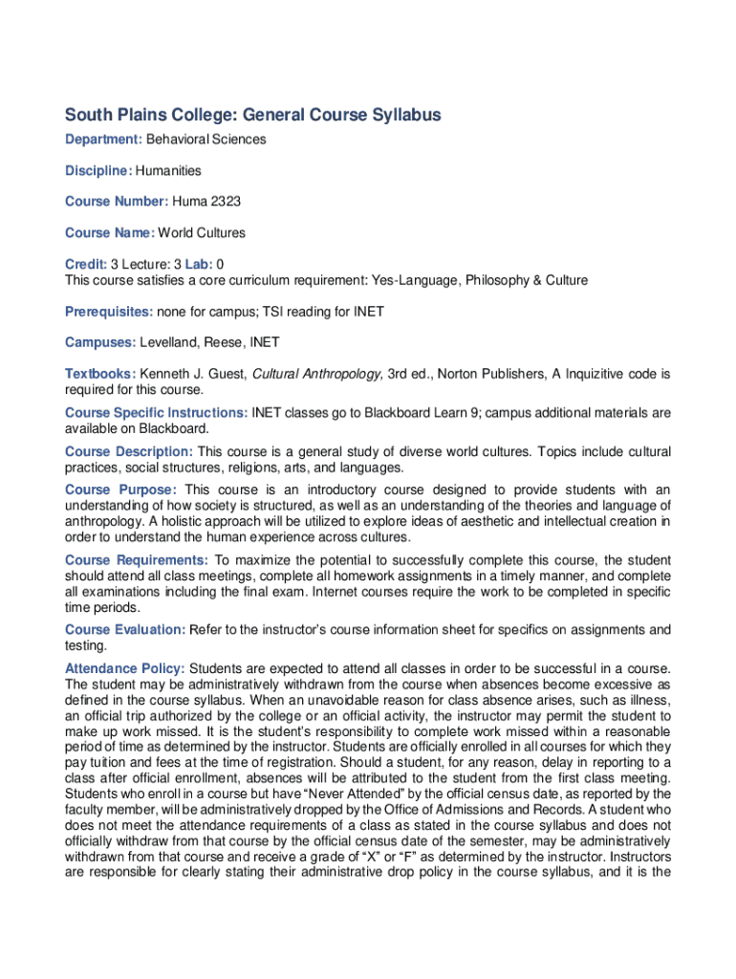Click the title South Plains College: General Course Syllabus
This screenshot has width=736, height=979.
tap(253, 116)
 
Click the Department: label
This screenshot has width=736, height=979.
tap(103, 140)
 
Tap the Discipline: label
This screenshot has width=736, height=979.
tap(98, 171)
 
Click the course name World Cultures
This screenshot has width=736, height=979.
tap(202, 233)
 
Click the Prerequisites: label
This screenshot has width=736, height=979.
tap(109, 312)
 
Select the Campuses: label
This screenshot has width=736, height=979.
tap(100, 342)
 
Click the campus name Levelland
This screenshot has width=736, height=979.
tap(170, 342)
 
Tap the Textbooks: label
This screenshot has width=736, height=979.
tap(100, 374)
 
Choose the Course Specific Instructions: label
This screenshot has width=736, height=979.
tap(156, 413)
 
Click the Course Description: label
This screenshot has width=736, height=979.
tap(129, 451)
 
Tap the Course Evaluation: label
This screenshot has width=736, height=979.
tap(125, 630)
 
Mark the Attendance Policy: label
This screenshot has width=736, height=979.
tap(125, 668)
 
